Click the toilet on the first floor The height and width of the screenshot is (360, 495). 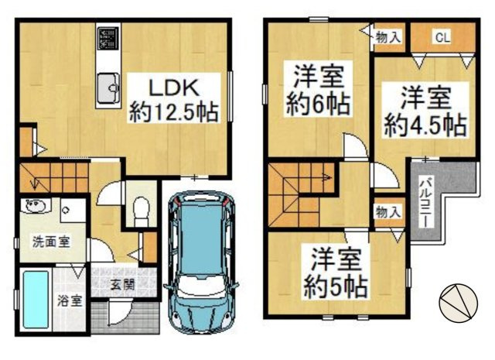pyautogui.click(x=141, y=209)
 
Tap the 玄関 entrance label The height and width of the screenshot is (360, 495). pyautogui.click(x=121, y=284)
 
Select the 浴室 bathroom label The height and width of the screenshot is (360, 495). pyautogui.click(x=72, y=300)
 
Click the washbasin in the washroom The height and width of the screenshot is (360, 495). pyautogui.click(x=35, y=207)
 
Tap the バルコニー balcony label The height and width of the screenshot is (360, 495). pyautogui.click(x=425, y=201)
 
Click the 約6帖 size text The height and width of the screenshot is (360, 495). pyautogui.click(x=318, y=103)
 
